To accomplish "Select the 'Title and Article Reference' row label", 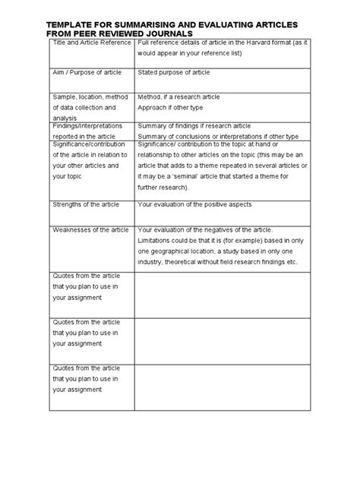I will point(92,48).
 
